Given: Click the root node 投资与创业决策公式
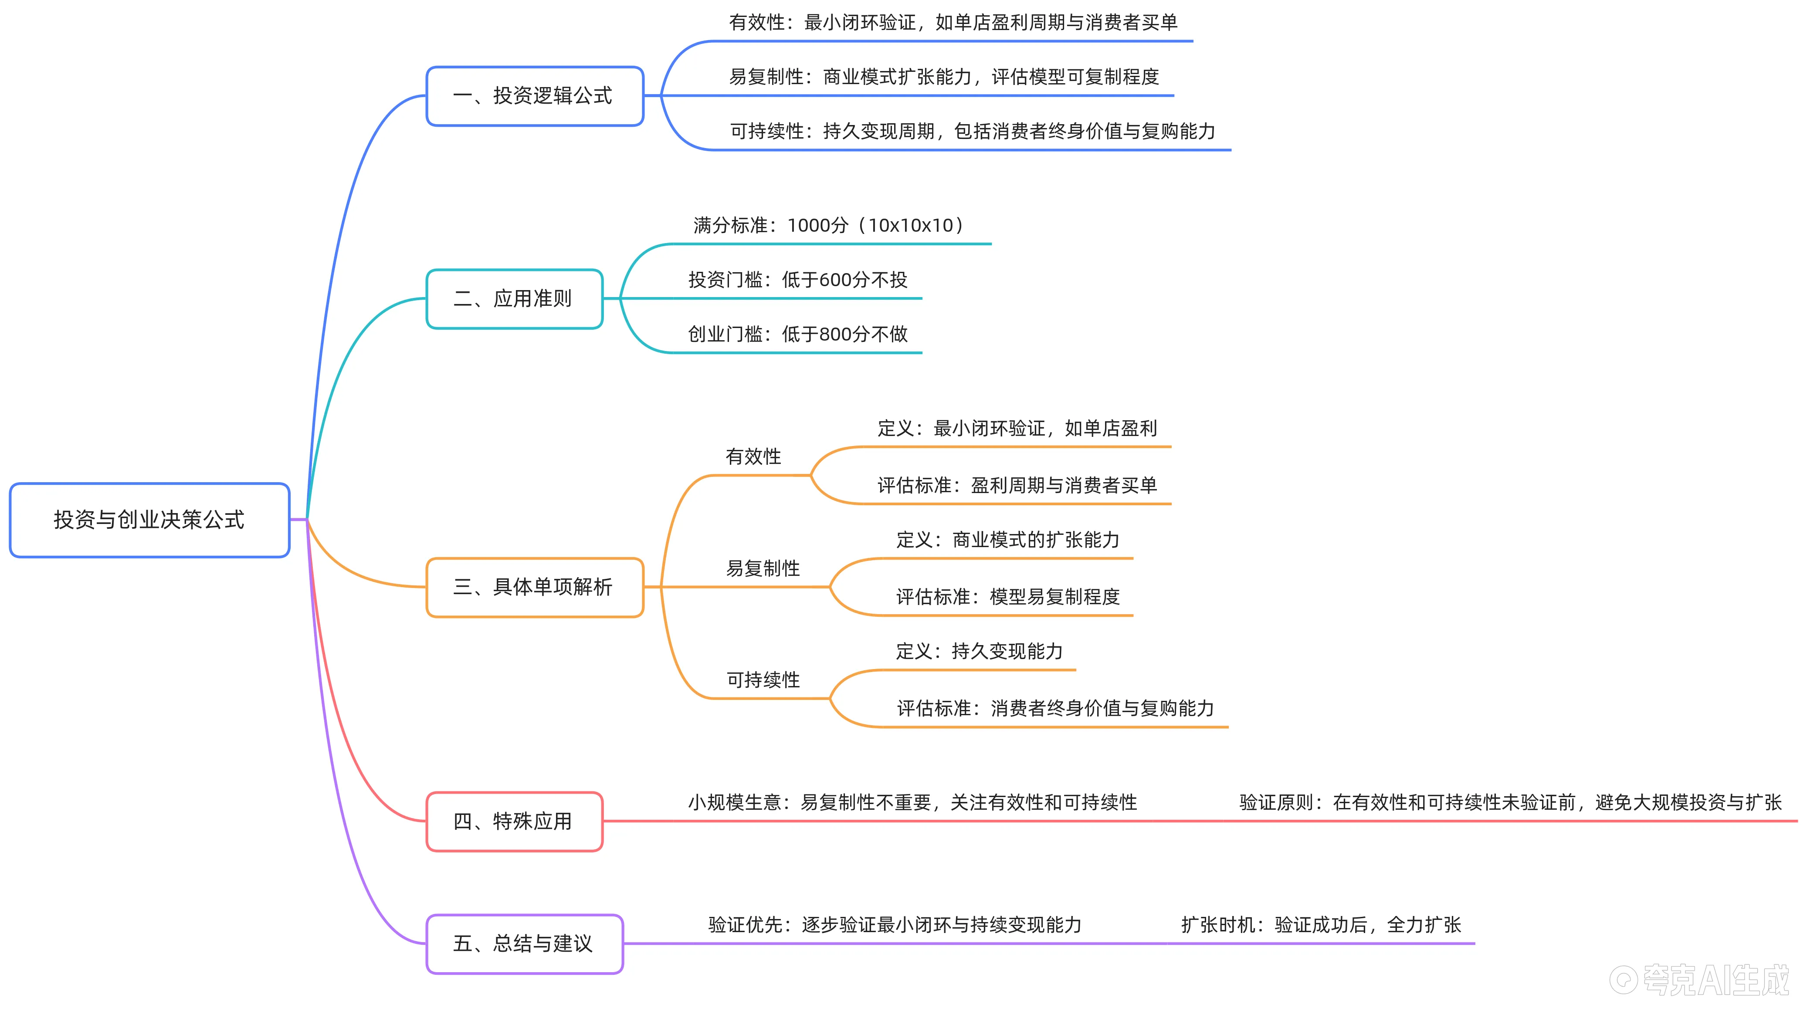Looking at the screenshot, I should tap(149, 520).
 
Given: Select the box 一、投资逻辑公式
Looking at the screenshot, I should tap(535, 96).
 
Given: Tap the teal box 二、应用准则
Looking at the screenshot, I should tap(514, 299).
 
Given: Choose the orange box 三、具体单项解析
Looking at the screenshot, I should tap(535, 587).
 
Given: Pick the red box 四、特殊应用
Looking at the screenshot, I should tap(514, 821).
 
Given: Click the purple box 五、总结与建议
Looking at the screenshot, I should tap(524, 944).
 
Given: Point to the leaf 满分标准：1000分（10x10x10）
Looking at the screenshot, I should tap(828, 225).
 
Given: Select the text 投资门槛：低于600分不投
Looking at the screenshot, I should tap(797, 280).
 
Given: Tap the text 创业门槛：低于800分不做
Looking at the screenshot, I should tap(797, 334).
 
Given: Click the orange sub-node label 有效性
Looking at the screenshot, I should tap(753, 456).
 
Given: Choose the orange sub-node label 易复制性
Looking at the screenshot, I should tap(763, 568).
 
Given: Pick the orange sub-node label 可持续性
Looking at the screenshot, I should tap(763, 679).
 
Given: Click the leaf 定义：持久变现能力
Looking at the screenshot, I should tap(979, 652).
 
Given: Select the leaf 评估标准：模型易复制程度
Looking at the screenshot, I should tap(1007, 597).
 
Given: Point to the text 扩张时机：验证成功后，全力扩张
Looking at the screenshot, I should tap(1321, 925).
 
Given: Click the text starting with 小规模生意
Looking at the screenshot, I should tap(912, 802).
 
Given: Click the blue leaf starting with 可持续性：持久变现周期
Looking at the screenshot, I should tap(972, 131).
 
